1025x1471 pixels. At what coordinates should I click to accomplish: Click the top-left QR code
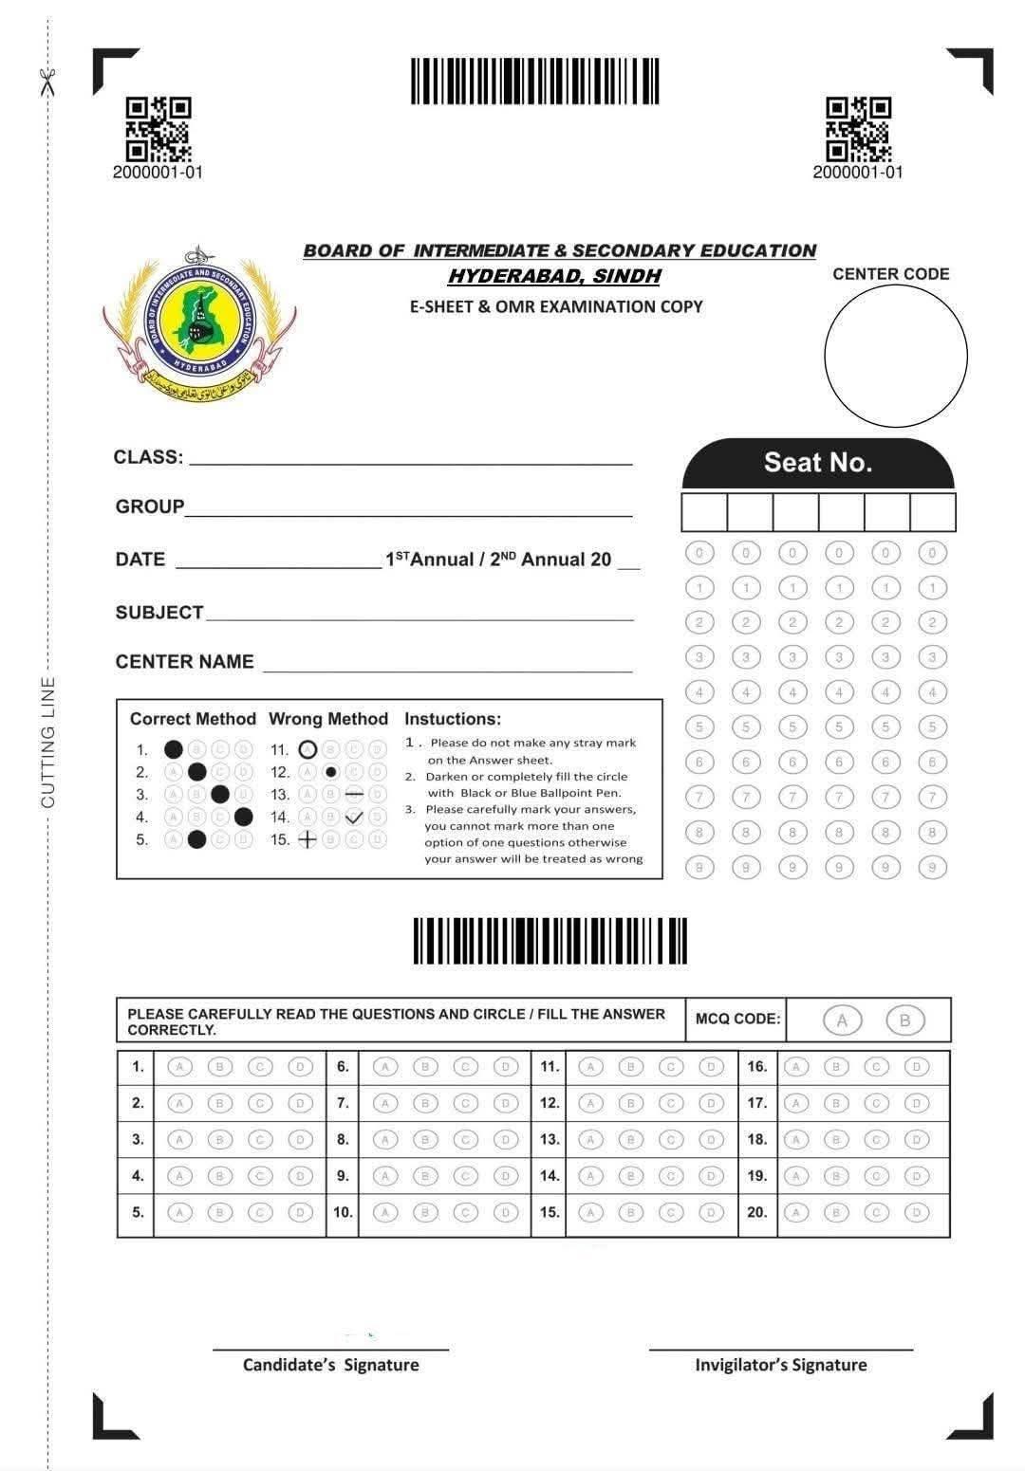tap(158, 129)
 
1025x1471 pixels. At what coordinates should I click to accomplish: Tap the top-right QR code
tap(858, 129)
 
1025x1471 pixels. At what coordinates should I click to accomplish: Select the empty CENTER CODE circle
tap(895, 357)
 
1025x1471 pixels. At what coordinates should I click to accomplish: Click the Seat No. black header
tap(817, 463)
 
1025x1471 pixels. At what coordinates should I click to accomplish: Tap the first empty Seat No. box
tap(704, 512)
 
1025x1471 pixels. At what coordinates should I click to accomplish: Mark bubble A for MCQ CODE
tap(841, 1021)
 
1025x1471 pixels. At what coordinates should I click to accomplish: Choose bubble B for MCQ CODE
tap(904, 1021)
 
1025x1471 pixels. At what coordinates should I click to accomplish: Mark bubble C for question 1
tap(260, 1067)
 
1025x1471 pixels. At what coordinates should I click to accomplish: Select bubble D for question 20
tap(916, 1212)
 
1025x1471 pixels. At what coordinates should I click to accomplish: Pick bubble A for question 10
tap(385, 1212)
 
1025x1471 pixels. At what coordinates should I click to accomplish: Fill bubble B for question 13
tap(631, 1139)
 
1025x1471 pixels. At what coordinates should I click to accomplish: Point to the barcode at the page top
tap(534, 82)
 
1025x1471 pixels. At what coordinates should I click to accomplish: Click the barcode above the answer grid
tap(550, 941)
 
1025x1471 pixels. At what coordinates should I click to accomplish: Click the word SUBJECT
tap(159, 613)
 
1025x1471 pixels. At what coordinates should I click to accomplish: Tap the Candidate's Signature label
tap(330, 1365)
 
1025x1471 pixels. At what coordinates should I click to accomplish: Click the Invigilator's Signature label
tap(780, 1365)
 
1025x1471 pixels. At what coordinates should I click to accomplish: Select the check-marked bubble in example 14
tap(354, 817)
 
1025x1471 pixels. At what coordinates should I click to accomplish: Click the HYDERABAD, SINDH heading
tap(554, 276)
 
